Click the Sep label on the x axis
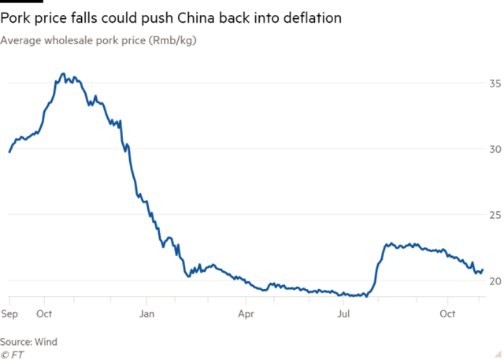[9, 314]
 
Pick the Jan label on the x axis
[146, 314]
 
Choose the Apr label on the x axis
[246, 314]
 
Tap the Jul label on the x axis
[345, 314]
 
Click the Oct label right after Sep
[44, 314]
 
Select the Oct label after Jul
[447, 314]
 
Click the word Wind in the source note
[47, 341]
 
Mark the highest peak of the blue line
[64, 75]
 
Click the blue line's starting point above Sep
[9, 150]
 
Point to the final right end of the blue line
[483, 270]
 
